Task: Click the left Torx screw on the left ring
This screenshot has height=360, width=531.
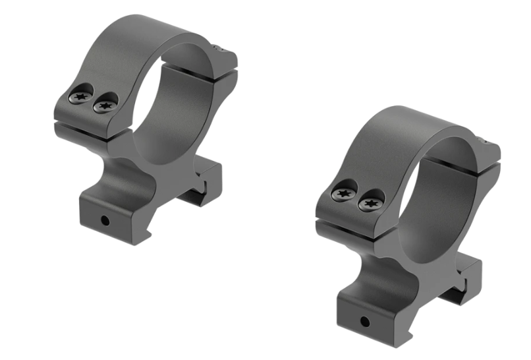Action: pyautogui.click(x=80, y=98)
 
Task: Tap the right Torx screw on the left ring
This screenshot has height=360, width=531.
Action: pyautogui.click(x=104, y=104)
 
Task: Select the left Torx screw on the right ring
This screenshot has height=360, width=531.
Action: pyautogui.click(x=343, y=194)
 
